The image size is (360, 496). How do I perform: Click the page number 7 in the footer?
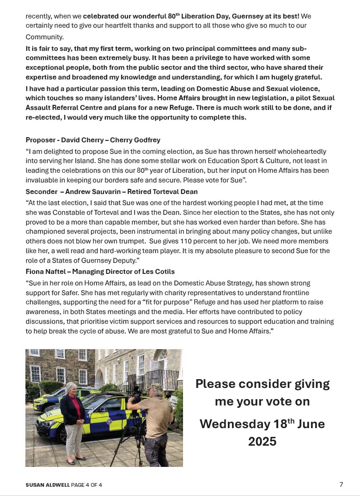341,484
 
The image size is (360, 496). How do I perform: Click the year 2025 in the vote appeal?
262,442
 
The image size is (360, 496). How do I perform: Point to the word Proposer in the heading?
41,140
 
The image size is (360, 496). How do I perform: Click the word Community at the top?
45,36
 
